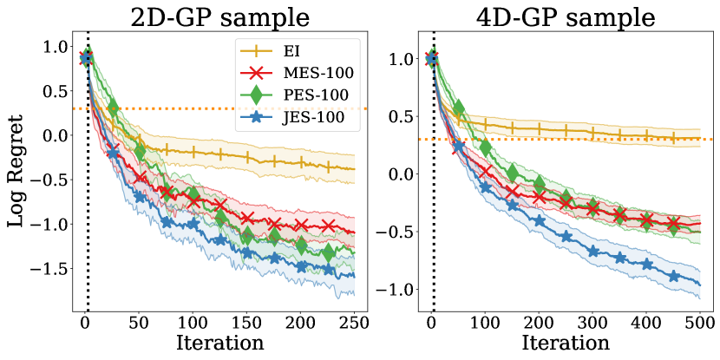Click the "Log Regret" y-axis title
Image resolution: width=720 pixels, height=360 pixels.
tap(18, 176)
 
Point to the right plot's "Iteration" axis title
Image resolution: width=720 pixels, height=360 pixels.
tap(566, 342)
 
